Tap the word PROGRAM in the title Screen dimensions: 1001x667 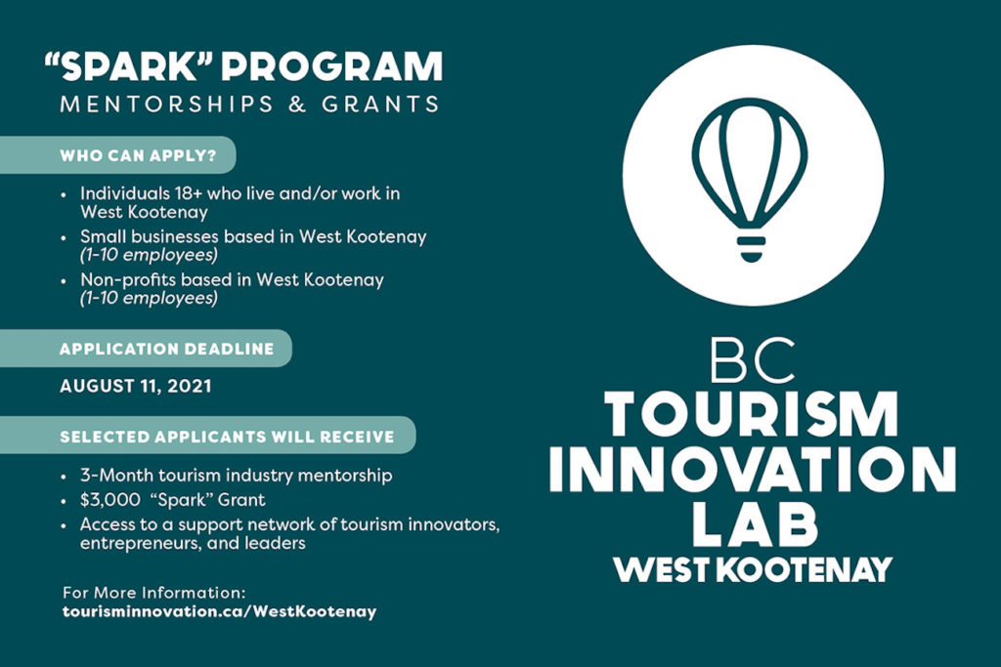pos(332,66)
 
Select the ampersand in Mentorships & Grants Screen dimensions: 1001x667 pos(297,104)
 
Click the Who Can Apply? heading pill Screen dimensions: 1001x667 pos(118,155)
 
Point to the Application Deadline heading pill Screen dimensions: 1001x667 pos(147,349)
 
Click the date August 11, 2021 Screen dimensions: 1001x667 pos(135,386)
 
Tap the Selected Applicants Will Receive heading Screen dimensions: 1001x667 pos(227,437)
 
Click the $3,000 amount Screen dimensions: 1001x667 pos(109,500)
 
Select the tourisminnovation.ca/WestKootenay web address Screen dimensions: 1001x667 pos(220,611)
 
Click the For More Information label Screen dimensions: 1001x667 pos(153,593)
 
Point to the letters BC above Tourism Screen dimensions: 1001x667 pos(753,361)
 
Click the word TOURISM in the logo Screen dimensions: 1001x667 pos(752,414)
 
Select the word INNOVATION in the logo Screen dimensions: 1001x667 pos(752,470)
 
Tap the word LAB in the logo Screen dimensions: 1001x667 pos(755,523)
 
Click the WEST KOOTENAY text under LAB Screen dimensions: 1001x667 pos(753,569)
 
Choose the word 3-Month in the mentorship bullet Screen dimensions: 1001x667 pos(117,475)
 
